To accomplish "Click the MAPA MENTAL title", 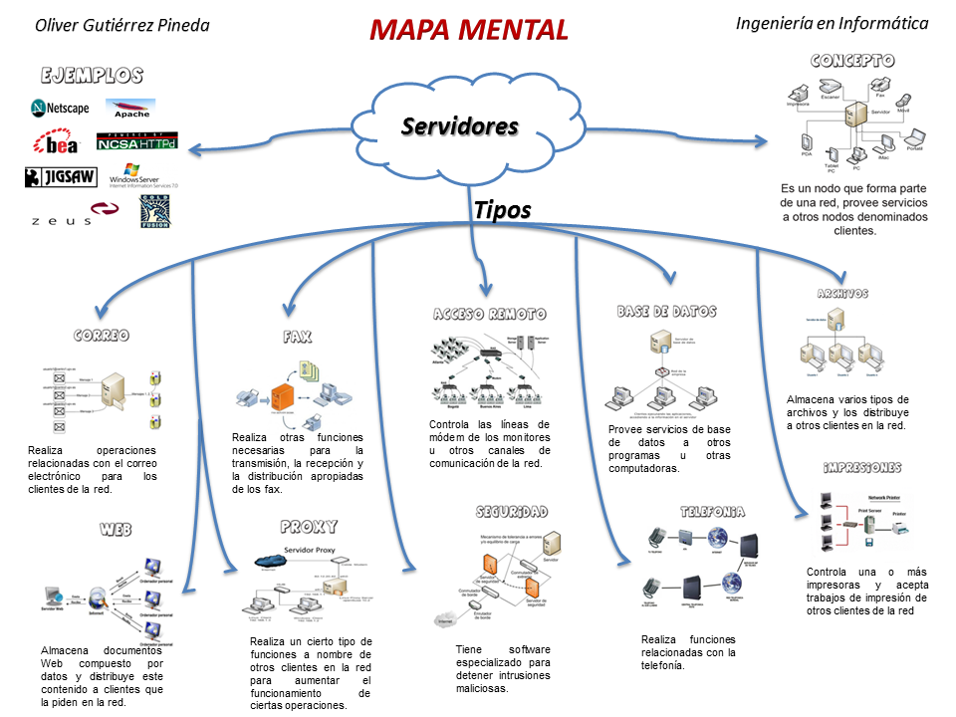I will (x=469, y=30).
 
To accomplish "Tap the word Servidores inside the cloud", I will (x=459, y=126).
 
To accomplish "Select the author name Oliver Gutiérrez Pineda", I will (x=122, y=25).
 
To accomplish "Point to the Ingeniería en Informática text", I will (x=832, y=23).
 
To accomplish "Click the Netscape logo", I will (x=60, y=108).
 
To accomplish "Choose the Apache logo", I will (x=131, y=109).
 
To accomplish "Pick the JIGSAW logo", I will (x=61, y=177).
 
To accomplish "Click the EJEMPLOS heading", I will (x=92, y=76).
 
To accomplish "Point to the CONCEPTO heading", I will (x=851, y=61).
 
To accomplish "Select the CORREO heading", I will (x=102, y=336).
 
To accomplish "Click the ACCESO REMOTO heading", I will (x=489, y=314).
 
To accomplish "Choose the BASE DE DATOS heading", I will (x=666, y=312).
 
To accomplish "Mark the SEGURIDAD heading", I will (x=511, y=512).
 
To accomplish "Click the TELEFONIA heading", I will (x=712, y=512).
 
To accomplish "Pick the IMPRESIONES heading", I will (x=862, y=467).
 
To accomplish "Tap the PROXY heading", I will (x=309, y=526).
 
